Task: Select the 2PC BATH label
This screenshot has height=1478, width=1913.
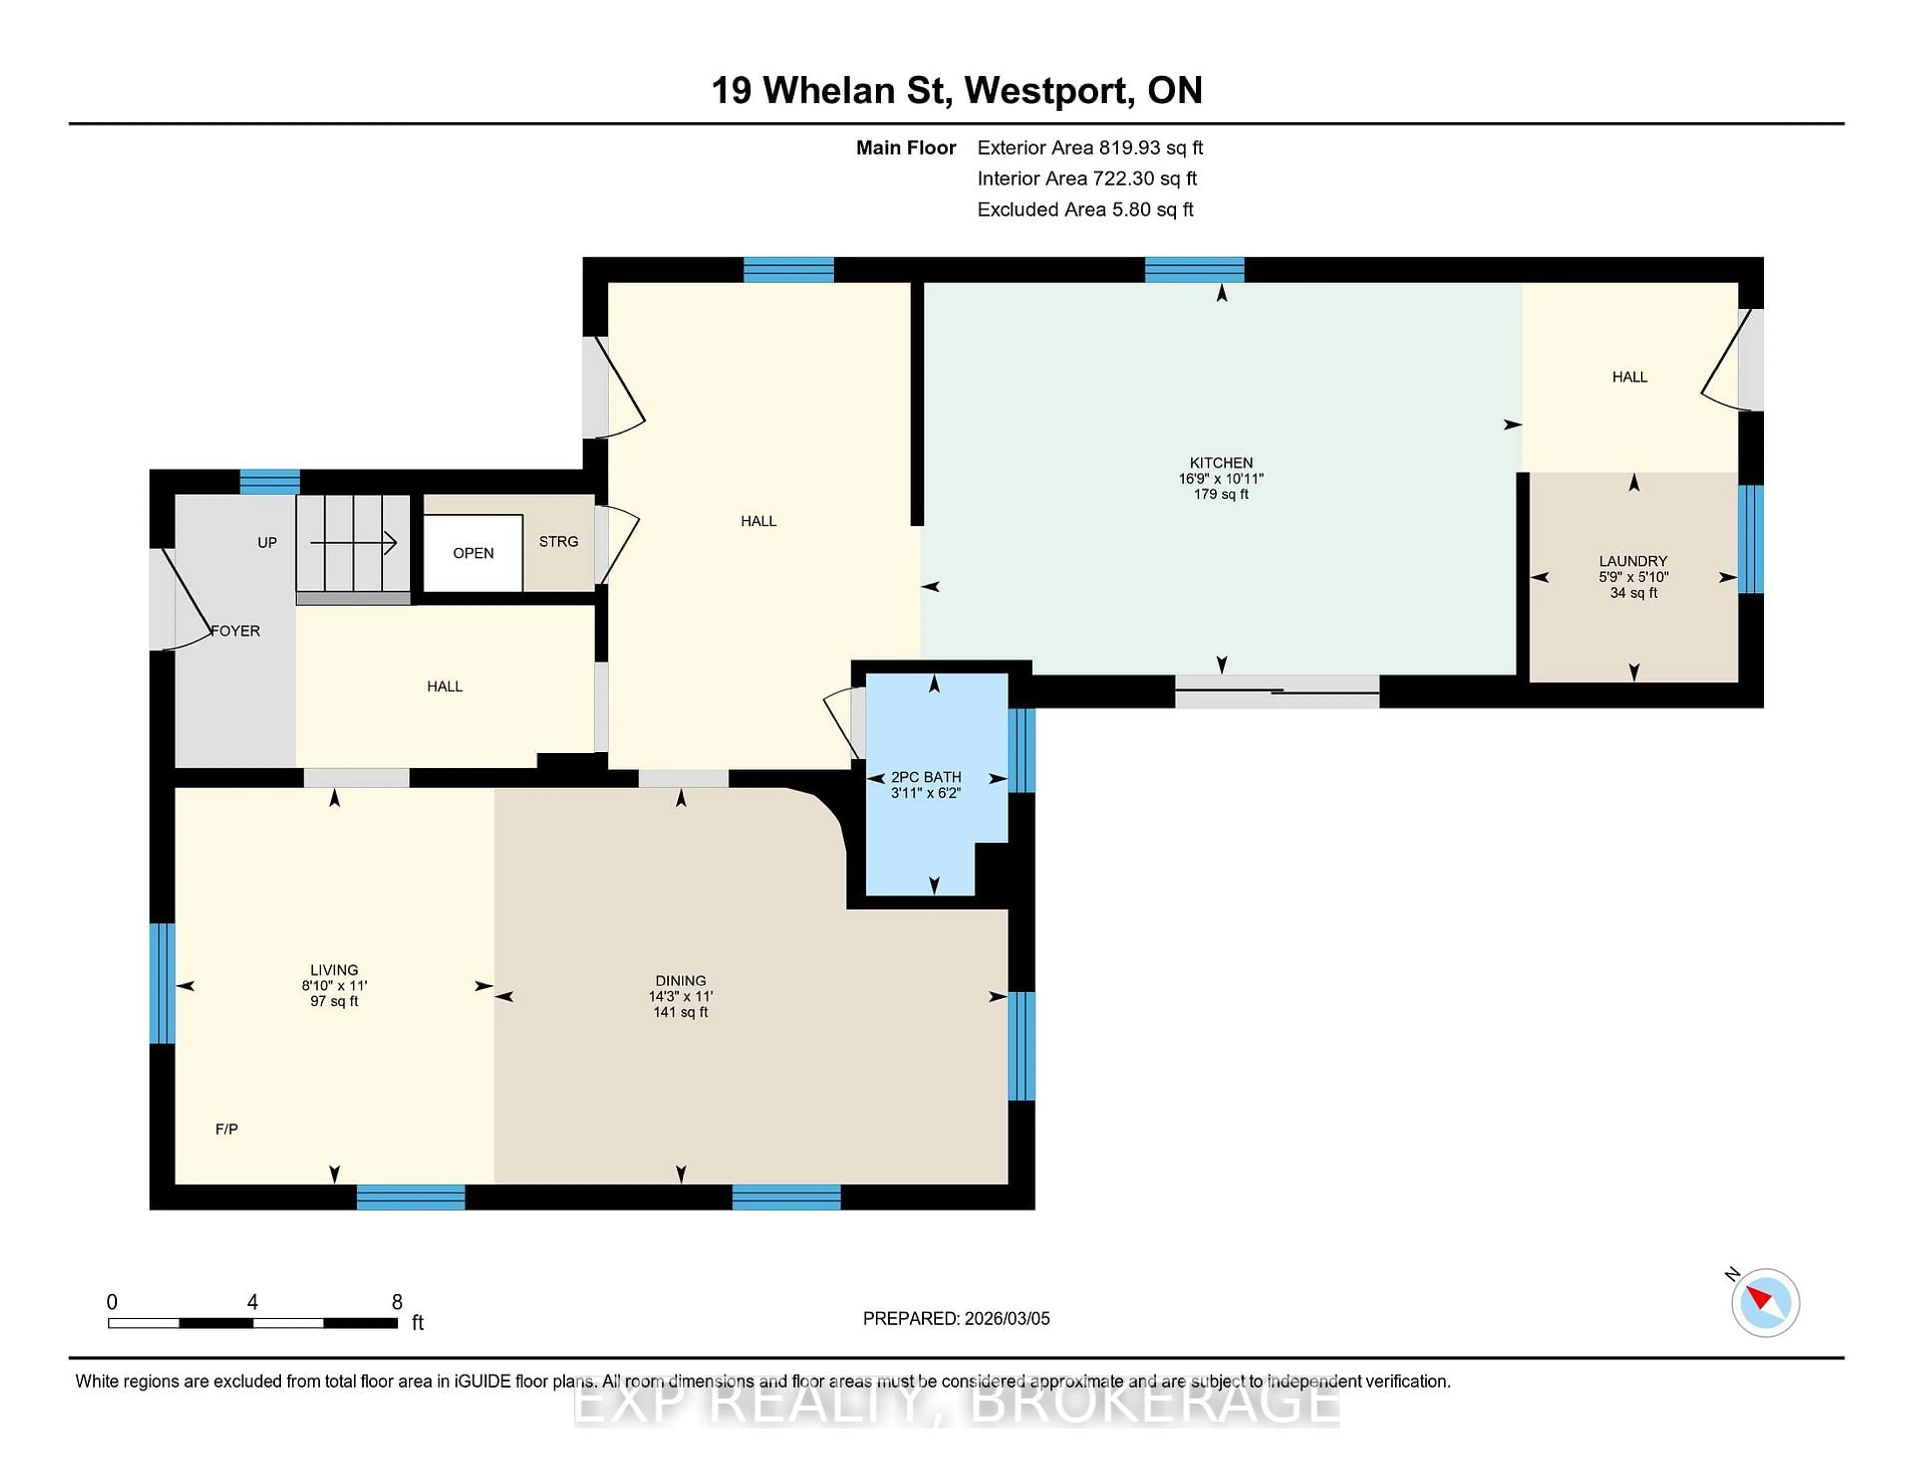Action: pos(926,777)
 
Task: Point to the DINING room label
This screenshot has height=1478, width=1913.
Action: pos(681,981)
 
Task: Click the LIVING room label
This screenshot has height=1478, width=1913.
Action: pos(334,969)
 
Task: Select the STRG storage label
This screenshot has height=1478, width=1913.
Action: pos(558,542)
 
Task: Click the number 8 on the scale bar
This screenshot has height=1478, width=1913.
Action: pos(397,1302)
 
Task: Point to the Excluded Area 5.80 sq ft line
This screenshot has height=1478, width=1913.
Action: pos(1085,209)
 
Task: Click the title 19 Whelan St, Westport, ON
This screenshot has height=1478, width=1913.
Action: pos(956,90)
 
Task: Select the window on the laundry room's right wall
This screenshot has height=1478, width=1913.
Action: pos(1749,538)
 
